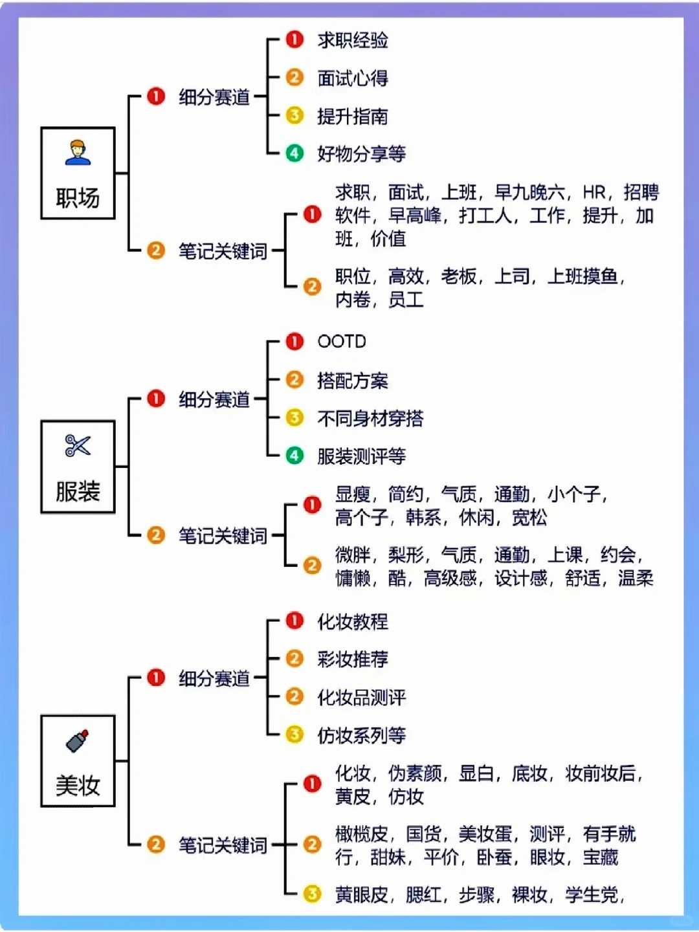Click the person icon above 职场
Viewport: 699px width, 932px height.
pos(78,152)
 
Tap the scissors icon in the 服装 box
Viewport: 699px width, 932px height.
pos(78,445)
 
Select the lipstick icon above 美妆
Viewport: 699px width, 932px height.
pos(78,741)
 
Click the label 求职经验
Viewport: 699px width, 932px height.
pos(352,40)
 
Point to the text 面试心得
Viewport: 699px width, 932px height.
pos(352,78)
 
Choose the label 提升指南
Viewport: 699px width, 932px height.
pos(352,116)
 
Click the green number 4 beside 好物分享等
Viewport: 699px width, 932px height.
pos(294,153)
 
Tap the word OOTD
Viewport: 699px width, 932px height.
pos(341,341)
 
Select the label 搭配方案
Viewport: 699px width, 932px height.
pos(352,381)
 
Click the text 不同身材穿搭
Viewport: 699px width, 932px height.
pos(370,418)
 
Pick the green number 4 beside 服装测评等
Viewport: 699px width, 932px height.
pos(294,456)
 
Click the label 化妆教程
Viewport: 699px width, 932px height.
pos(352,621)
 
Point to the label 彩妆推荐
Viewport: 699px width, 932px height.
pos(352,659)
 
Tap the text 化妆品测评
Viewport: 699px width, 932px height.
pos(361,697)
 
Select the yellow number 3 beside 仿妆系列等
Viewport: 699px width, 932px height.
pos(294,735)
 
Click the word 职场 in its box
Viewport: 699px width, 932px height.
pos(78,197)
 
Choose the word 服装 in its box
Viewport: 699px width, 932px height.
pos(78,491)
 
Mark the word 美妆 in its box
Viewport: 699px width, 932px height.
pos(78,786)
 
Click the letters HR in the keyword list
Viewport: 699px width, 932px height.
pos(594,192)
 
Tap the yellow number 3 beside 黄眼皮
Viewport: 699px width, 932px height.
pos(312,894)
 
